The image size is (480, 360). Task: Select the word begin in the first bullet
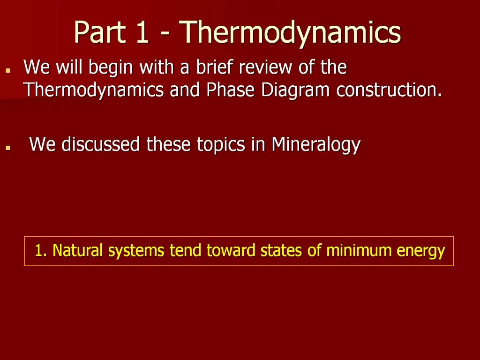click(108, 68)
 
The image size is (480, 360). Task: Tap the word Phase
click(230, 90)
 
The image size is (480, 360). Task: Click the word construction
click(389, 90)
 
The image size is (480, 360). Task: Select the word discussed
click(100, 144)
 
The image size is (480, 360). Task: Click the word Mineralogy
click(315, 144)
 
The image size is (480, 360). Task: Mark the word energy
click(420, 251)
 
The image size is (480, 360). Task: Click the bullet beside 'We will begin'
click(8, 70)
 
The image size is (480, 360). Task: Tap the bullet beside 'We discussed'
click(8, 147)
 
